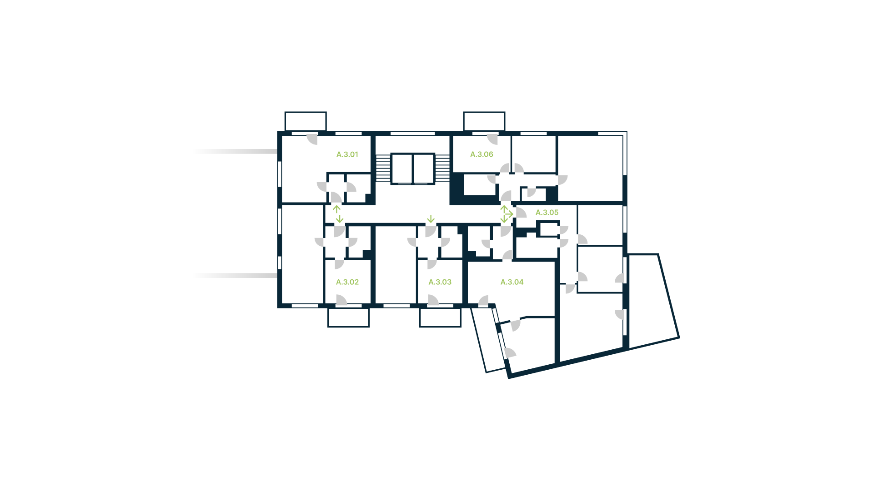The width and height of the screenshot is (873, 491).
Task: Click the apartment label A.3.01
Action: coord(347,154)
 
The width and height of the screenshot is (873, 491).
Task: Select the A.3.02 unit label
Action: coord(347,282)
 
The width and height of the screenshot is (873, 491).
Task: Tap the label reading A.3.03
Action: coord(440,282)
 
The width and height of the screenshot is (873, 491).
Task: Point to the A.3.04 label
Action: coord(512,282)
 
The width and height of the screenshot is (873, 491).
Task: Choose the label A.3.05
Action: coord(547,213)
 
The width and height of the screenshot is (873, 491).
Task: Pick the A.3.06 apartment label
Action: coord(482,154)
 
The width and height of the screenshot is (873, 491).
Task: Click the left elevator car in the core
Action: coord(401,169)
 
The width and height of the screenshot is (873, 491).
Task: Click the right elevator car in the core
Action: coord(424,169)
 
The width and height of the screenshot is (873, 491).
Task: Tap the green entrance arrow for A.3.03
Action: coord(431,219)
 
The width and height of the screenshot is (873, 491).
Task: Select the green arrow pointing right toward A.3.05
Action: coord(509,214)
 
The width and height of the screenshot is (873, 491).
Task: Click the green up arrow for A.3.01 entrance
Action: coord(336,209)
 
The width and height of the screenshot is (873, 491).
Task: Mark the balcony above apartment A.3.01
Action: coord(306,121)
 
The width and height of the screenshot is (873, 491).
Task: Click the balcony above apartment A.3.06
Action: coord(484,121)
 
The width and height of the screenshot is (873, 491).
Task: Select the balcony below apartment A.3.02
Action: coord(348,317)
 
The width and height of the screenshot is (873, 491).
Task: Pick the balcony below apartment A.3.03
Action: coord(440,317)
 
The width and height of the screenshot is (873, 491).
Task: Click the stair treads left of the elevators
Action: coord(383,169)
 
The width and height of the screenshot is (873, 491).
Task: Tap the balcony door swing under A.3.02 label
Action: coord(341,300)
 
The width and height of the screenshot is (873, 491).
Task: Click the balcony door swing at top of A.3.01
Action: coord(312,139)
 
